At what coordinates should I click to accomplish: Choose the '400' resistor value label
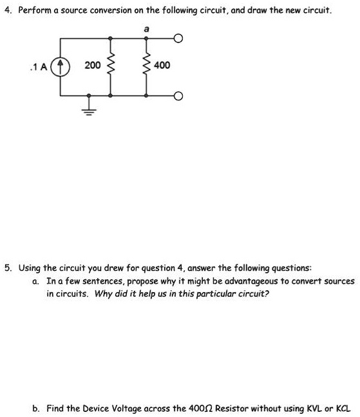(x=162, y=66)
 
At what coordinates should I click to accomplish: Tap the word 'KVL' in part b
(x=319, y=407)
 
